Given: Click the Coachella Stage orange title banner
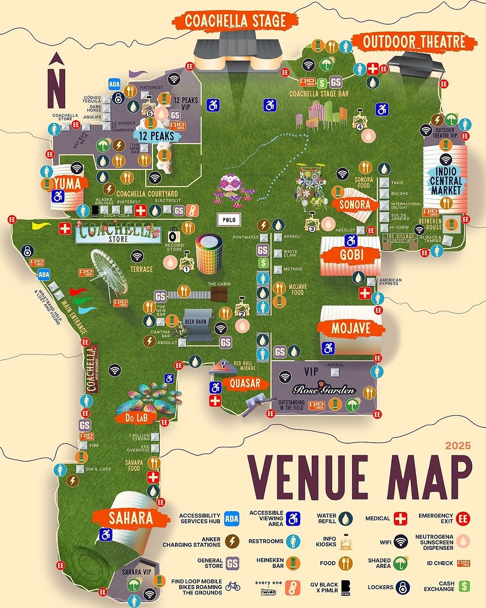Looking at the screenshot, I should point(235,21).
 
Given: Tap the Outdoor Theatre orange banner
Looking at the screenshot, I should point(414,42).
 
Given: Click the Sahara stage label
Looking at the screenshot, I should point(130,518).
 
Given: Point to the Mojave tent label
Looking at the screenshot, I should point(351,328).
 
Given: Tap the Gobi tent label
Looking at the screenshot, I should point(351,255).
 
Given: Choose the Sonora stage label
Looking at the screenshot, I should point(355,204).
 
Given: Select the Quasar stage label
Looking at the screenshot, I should point(245,383).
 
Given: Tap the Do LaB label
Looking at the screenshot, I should point(136,418).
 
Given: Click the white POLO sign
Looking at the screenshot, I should point(229,220).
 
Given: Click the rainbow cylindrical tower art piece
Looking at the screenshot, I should point(209,254).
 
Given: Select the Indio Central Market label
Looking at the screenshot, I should point(445,181).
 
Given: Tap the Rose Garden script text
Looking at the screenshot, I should point(324,390).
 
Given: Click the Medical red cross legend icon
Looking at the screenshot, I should point(400,519).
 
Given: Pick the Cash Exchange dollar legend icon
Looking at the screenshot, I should point(464,586).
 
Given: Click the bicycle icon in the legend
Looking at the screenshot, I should point(233,586).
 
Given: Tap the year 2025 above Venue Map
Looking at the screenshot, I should point(458,446).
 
